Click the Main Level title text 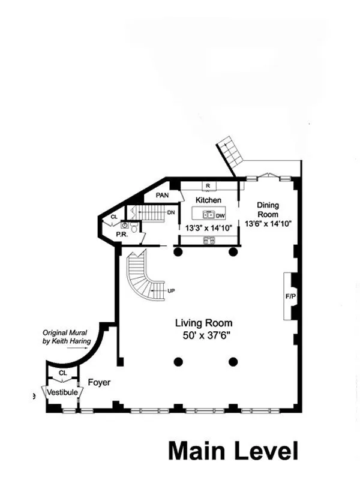click(x=233, y=451)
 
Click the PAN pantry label click(x=162, y=196)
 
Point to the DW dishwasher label click(x=220, y=215)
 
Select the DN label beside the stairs click(x=171, y=212)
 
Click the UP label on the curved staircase click(x=171, y=291)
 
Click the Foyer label click(x=98, y=382)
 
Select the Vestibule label click(x=62, y=392)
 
